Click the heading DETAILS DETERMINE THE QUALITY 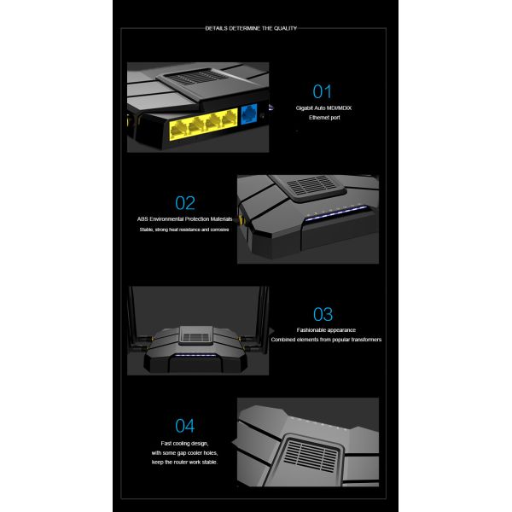point(251,28)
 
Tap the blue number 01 point(322,91)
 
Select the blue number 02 point(185,202)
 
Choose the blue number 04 point(185,425)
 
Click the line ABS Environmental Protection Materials point(185,219)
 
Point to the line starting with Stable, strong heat point(184,230)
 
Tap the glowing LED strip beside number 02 point(338,218)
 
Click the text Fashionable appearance point(326,329)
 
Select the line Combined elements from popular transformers point(326,340)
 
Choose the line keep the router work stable point(185,462)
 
